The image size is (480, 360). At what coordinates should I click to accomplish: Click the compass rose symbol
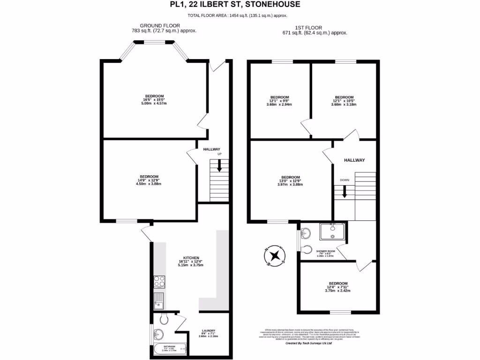(276, 256)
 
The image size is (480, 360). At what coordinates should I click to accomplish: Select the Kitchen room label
(192, 261)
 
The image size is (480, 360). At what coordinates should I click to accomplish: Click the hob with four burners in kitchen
(159, 282)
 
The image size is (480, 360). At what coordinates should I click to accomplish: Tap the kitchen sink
(159, 300)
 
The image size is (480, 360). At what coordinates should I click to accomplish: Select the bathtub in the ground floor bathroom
(170, 349)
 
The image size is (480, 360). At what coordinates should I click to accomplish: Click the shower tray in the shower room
(332, 232)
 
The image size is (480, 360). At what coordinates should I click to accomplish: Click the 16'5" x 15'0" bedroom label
(154, 99)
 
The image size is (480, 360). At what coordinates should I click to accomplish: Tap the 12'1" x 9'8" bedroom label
(279, 101)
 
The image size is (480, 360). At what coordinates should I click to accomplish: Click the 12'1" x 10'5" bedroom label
(344, 101)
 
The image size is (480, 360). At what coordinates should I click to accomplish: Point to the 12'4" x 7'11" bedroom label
(338, 287)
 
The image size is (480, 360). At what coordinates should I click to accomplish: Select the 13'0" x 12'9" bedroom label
(290, 180)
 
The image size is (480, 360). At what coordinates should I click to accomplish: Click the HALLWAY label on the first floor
(354, 160)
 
